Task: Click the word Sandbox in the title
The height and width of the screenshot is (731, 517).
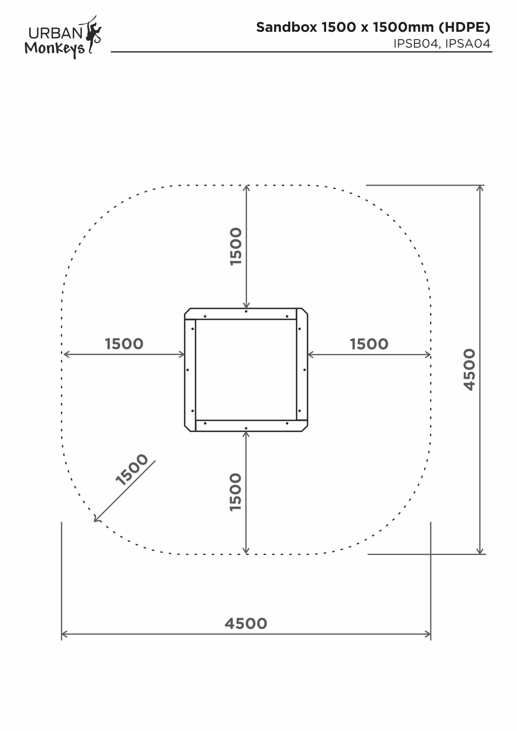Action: [287, 27]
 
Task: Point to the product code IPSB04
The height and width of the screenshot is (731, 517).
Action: [416, 44]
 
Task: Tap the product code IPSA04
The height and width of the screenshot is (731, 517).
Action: [468, 44]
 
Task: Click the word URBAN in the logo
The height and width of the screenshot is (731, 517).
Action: [56, 33]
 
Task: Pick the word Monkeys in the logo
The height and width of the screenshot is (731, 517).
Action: [55, 49]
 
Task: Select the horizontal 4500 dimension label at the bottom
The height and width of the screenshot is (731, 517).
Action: [246, 623]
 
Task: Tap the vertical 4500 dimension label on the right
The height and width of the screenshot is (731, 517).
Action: [469, 369]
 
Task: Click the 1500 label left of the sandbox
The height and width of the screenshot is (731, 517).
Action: [124, 344]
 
